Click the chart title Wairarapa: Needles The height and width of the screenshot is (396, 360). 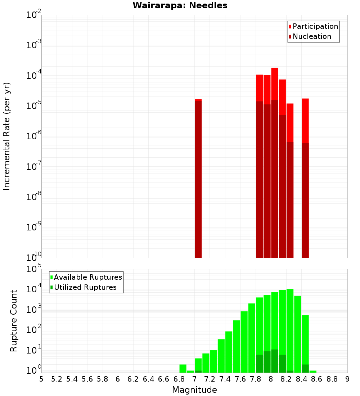point(180,6)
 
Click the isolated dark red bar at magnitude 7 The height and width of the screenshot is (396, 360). point(198,180)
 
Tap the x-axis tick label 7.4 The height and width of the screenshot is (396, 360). point(225,379)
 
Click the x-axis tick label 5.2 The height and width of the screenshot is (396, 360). point(57,379)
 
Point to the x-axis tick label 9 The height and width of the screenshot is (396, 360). point(347,379)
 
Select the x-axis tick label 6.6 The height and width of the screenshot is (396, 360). point(164,379)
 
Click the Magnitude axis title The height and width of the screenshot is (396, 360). point(194,390)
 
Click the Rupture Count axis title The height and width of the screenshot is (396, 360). point(14,321)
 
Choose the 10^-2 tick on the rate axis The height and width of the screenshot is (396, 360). point(34,15)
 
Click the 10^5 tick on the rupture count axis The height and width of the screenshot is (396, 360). point(34,269)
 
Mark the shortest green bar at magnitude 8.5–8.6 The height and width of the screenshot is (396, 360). point(313,371)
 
